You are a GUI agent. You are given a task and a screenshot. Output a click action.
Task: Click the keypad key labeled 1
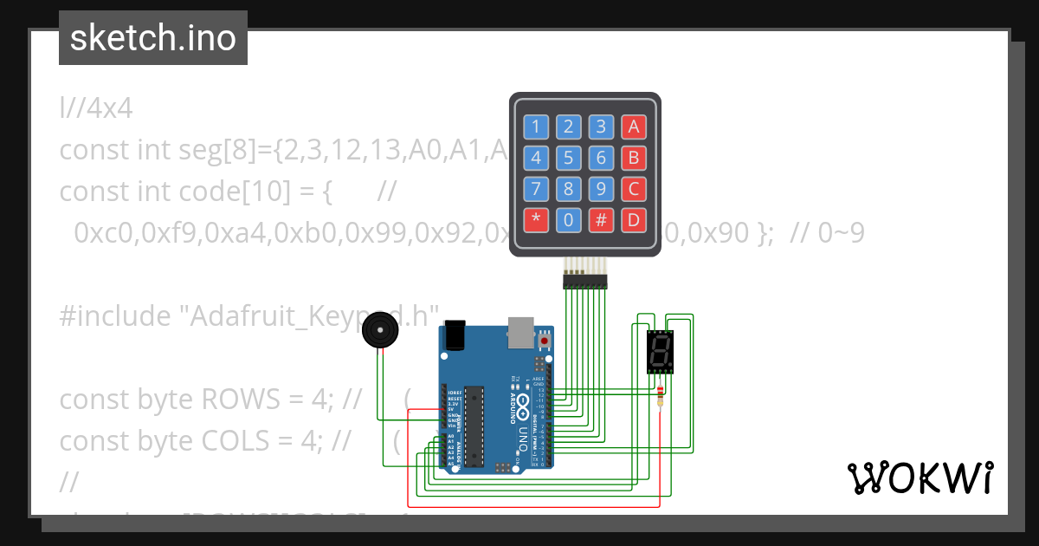click(x=536, y=127)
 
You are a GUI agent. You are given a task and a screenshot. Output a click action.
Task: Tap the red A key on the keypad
click(x=633, y=127)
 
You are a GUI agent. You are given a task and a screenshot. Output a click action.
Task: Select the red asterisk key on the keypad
click(x=536, y=220)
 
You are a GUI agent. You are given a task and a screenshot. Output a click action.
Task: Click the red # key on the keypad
click(x=601, y=220)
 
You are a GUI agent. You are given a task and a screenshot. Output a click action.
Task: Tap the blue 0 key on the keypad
click(x=568, y=220)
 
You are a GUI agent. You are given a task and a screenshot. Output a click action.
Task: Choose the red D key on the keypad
click(x=633, y=220)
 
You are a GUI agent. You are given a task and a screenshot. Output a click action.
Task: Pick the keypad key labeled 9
click(x=601, y=189)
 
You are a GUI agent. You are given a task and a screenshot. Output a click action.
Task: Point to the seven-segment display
click(x=660, y=351)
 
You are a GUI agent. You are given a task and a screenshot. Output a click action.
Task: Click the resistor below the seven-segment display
click(x=661, y=396)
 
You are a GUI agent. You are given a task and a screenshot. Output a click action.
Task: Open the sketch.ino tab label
click(x=153, y=38)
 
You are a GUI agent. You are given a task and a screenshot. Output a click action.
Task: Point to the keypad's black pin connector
click(x=585, y=278)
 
